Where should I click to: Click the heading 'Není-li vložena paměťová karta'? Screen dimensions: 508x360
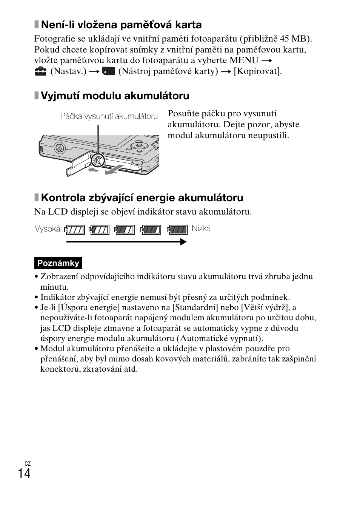[121, 25]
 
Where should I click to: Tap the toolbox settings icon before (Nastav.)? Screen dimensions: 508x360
[40, 71]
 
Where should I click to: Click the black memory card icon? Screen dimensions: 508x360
[108, 71]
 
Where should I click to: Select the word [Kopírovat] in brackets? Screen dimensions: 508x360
[257, 71]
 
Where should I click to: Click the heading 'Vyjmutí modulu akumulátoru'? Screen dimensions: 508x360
[115, 96]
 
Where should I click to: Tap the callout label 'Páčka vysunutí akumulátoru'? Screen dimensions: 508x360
[109, 116]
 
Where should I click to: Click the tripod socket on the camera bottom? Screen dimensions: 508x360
[59, 147]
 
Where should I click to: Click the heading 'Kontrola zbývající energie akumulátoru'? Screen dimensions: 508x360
[142, 198]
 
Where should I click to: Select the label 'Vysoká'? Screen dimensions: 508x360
[48, 229]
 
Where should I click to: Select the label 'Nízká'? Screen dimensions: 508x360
[201, 229]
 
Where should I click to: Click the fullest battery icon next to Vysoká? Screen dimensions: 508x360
[75, 230]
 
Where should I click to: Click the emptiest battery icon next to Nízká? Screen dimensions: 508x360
[177, 230]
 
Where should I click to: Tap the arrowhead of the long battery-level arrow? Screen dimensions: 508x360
[183, 242]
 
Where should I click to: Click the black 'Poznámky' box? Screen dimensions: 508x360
[58, 263]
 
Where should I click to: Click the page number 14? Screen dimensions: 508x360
[24, 473]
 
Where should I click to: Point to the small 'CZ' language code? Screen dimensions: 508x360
[27, 463]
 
